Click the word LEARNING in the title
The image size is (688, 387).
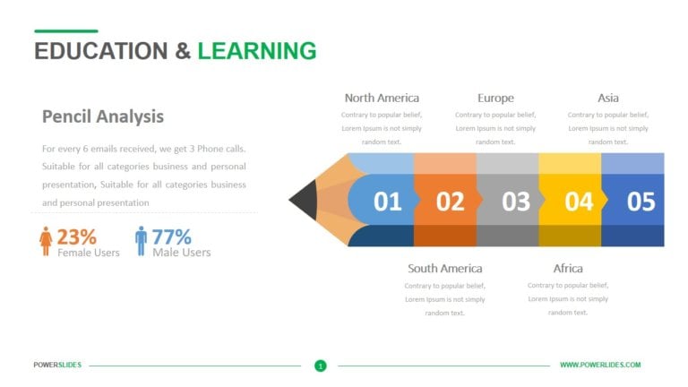[257, 51]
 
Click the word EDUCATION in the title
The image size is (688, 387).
[100, 51]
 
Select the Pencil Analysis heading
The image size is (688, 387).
[103, 116]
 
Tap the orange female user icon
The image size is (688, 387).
[46, 240]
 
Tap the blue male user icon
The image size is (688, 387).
[141, 240]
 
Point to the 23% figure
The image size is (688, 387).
[76, 236]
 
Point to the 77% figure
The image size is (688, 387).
[171, 236]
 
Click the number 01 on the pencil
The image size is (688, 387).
[388, 202]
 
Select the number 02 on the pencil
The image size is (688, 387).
[451, 202]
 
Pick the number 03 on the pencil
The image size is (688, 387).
[516, 202]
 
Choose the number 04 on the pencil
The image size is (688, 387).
[579, 202]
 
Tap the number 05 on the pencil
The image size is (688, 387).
[641, 202]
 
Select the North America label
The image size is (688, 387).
[382, 98]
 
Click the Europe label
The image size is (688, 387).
[495, 98]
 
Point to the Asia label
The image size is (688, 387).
[608, 98]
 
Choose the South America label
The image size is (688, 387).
[444, 268]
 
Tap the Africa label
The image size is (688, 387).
[568, 268]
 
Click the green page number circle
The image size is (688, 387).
[321, 365]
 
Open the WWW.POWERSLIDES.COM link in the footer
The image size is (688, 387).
[600, 365]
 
